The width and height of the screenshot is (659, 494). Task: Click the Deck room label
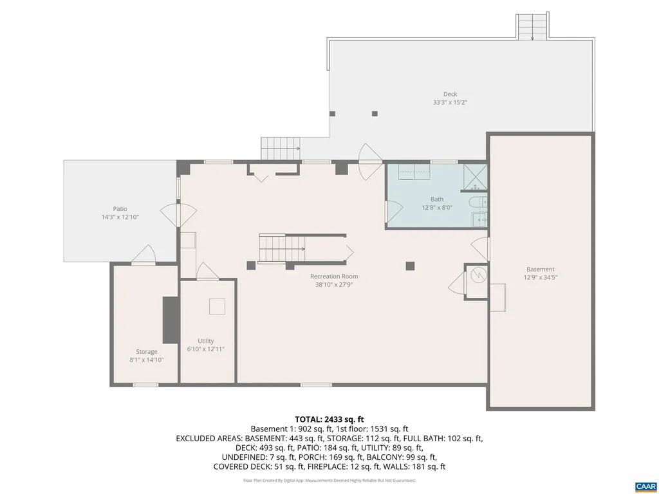450,94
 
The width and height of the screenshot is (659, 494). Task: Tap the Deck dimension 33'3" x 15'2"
450,102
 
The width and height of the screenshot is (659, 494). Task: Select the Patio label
120,209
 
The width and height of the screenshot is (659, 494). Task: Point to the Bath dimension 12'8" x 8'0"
437,207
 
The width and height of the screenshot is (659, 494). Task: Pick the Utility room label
206,341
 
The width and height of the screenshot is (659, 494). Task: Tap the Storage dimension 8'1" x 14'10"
146,360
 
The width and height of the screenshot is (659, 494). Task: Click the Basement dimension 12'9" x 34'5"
540,278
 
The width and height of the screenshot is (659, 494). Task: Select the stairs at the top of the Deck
532,26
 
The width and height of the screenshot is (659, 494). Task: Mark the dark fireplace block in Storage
171,320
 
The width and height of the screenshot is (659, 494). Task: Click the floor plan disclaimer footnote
329,480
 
